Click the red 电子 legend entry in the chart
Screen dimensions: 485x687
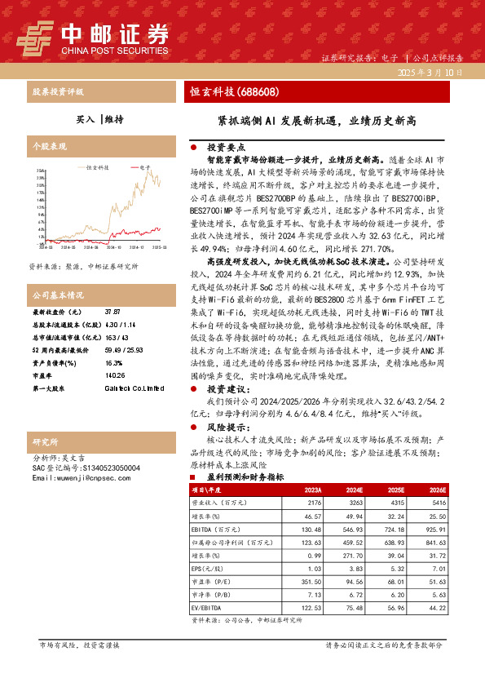tap(144, 167)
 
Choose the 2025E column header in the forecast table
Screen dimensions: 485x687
tap(394, 490)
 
